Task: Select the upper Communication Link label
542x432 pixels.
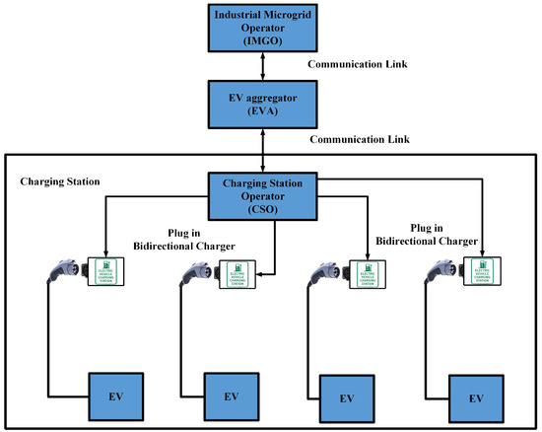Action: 358,64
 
